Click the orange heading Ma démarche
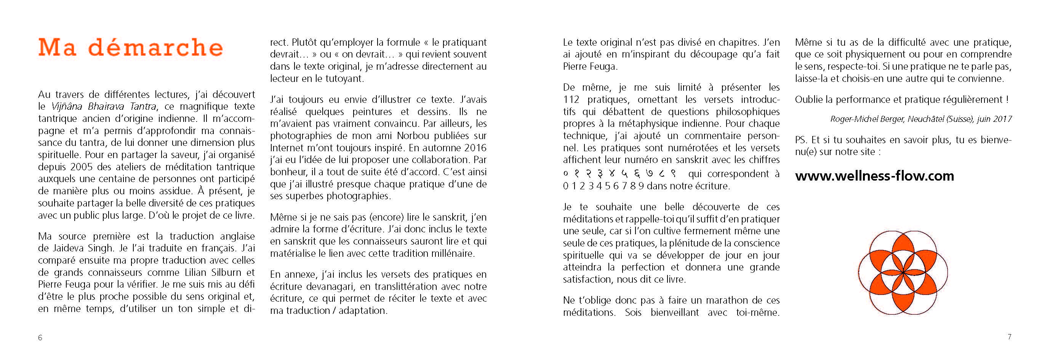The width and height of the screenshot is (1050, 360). point(130,47)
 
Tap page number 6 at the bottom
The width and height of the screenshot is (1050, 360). point(40,338)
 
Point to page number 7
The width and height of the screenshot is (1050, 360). point(1009,337)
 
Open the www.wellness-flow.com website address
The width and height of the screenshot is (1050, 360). point(874,176)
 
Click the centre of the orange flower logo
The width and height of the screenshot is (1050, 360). point(903,272)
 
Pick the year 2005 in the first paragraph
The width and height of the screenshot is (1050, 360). point(82,167)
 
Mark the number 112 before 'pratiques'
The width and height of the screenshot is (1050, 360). point(571,99)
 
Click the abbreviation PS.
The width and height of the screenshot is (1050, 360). point(801,140)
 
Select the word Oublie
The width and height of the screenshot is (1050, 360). point(809,99)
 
